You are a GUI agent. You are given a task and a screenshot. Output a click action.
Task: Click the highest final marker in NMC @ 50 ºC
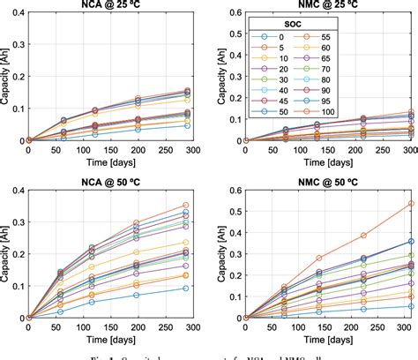point(410,204)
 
